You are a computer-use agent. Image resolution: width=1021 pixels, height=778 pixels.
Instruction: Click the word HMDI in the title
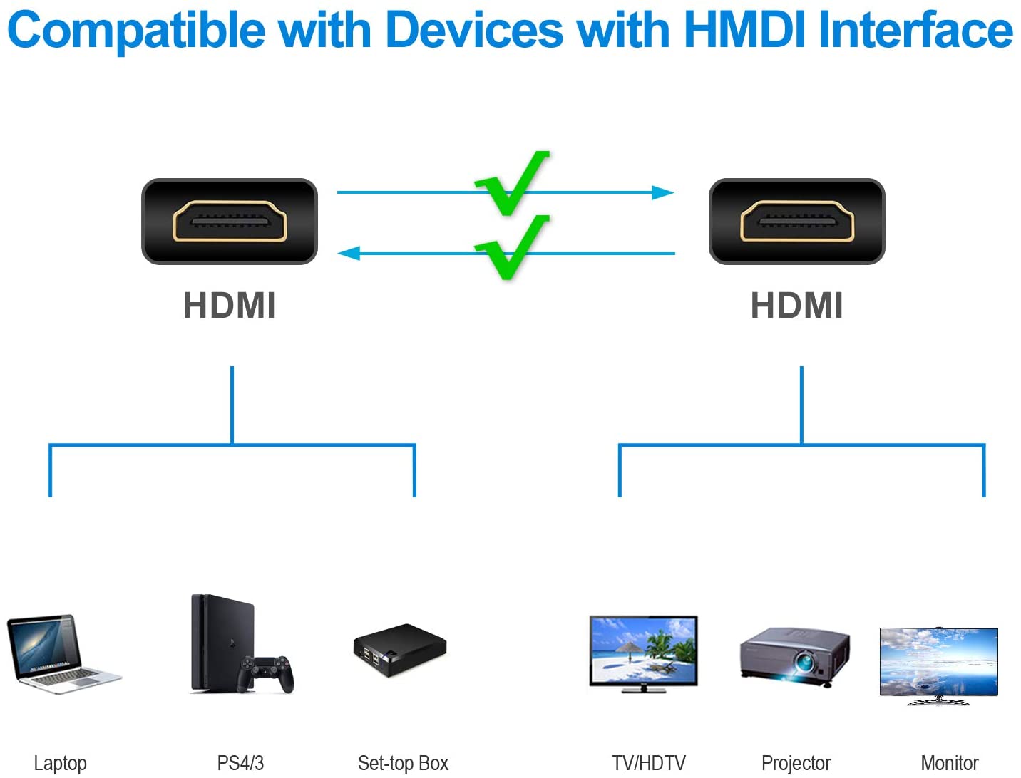[744, 30]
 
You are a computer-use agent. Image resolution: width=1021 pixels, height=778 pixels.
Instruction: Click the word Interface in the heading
[916, 30]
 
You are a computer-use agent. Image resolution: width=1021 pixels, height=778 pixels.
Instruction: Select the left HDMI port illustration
[230, 222]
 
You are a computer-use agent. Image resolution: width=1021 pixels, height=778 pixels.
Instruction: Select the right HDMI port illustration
[797, 222]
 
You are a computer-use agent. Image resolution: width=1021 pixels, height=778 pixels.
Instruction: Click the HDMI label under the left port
[230, 306]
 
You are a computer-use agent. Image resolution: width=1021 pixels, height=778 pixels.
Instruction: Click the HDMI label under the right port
[797, 306]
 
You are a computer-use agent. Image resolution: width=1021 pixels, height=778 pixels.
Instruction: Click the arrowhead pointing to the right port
[663, 192]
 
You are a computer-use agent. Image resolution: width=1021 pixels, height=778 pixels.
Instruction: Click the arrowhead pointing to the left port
[349, 254]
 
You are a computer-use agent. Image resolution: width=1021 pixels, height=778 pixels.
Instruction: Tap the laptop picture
[64, 654]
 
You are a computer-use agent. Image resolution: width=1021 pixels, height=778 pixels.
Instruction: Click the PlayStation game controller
[266, 674]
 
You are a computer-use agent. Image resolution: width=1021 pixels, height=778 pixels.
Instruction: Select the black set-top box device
[400, 650]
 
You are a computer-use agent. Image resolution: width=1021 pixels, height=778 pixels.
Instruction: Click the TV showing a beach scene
[643, 654]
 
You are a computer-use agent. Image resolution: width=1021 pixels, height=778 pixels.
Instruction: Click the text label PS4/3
[240, 763]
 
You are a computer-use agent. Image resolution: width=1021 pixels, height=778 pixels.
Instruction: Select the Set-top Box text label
[403, 763]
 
